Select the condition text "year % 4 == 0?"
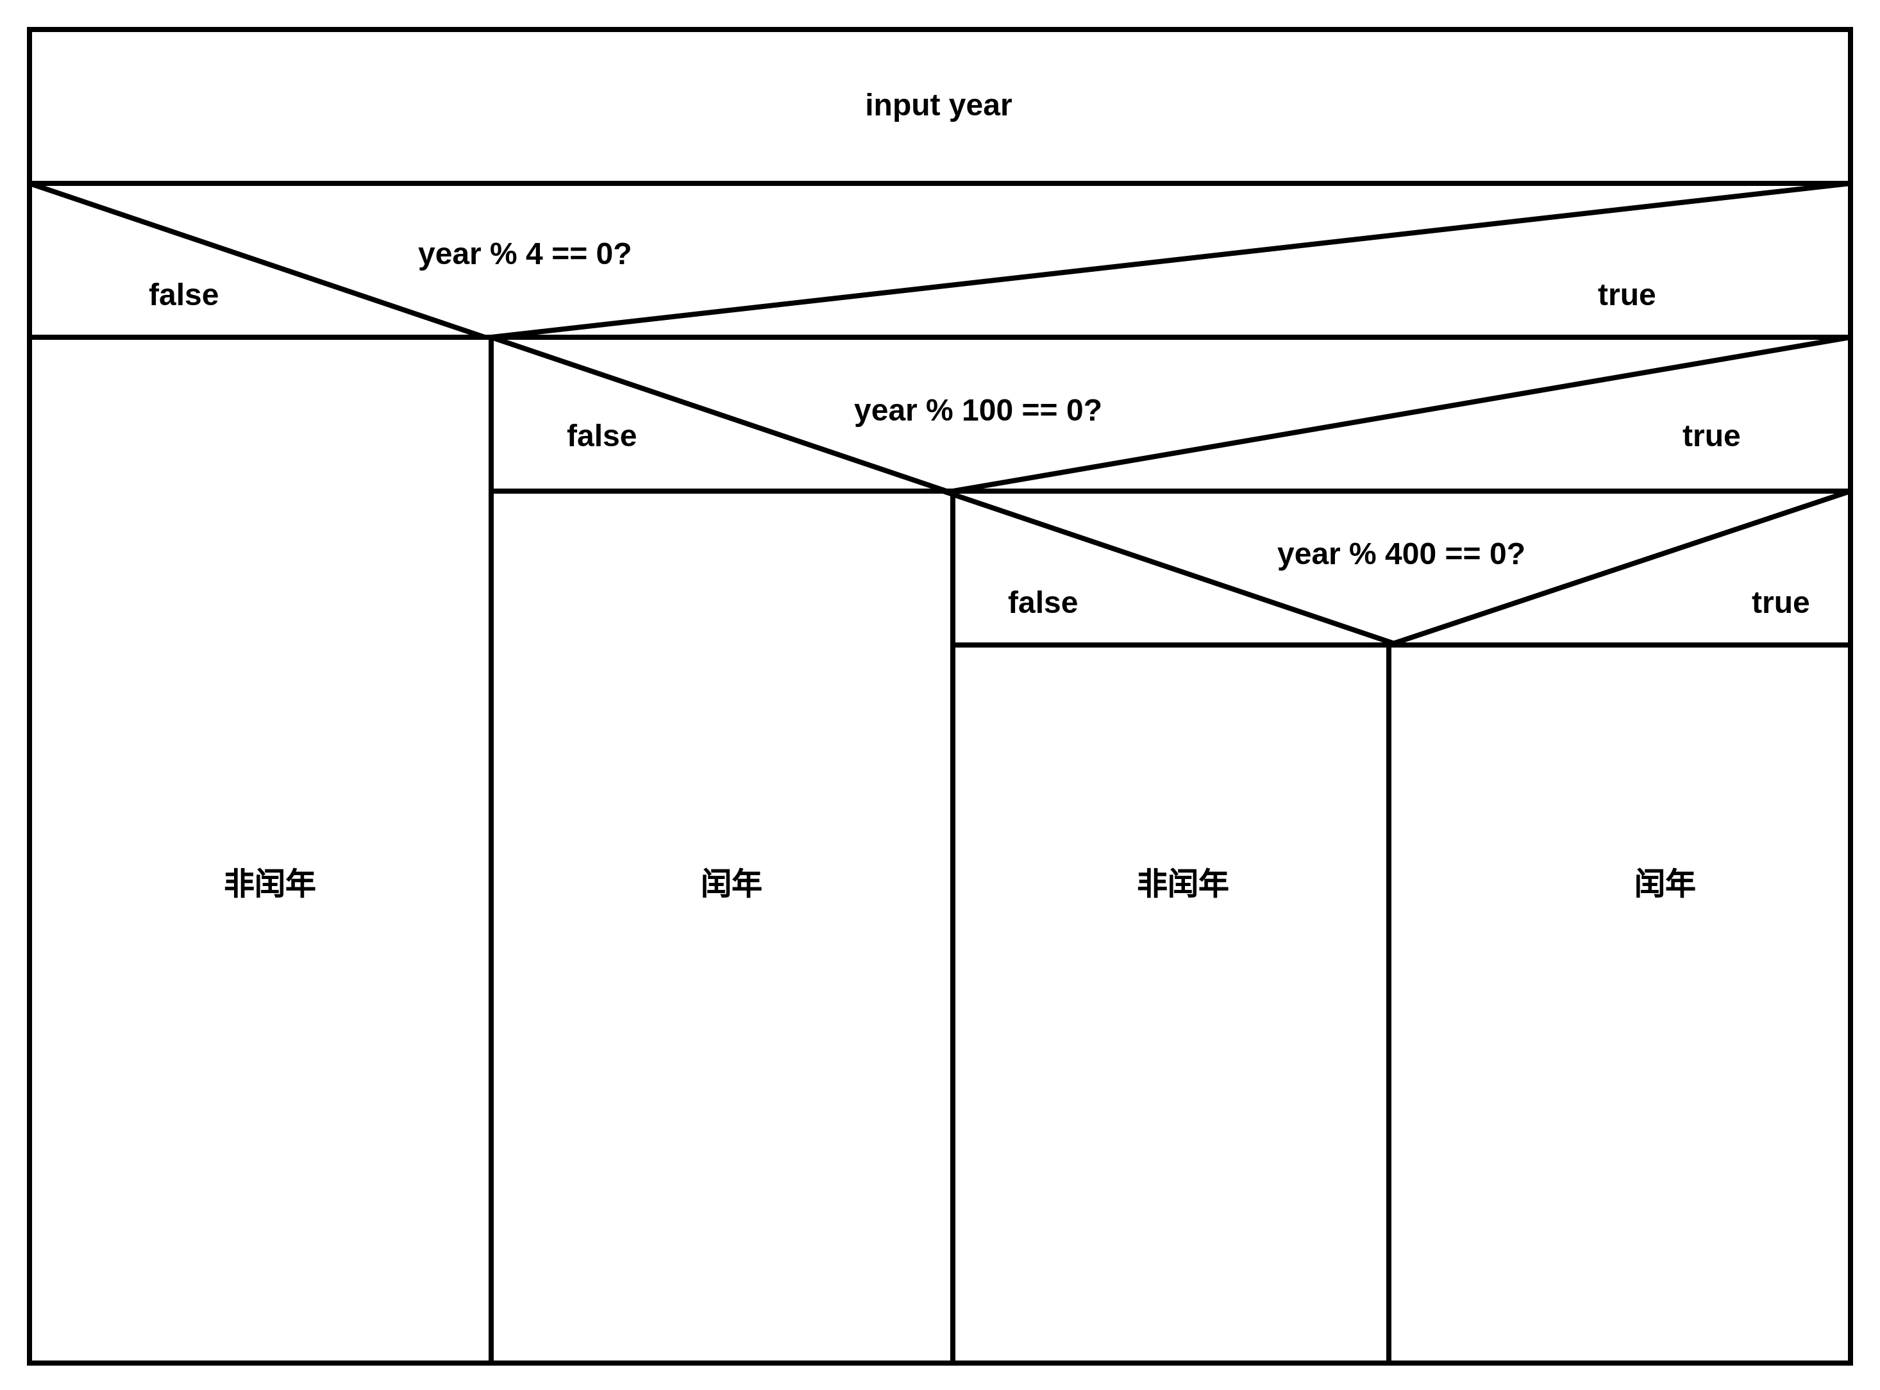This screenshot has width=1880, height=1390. click(x=525, y=254)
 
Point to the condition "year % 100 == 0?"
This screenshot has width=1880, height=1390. click(x=977, y=410)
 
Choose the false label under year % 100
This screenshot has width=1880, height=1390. click(x=601, y=437)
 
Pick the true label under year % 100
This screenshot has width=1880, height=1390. click(x=1711, y=437)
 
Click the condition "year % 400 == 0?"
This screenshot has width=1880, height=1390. click(x=1400, y=555)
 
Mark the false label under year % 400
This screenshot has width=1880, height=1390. click(x=1042, y=603)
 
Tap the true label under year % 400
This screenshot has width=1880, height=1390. click(x=1780, y=603)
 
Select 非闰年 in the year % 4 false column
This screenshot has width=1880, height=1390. click(x=269, y=884)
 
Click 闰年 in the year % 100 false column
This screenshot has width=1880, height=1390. click(x=730, y=884)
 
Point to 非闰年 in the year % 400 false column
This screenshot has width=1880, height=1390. click(x=1182, y=884)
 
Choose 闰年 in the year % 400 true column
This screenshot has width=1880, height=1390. click(x=1664, y=884)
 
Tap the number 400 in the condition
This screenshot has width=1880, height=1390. click(x=1409, y=555)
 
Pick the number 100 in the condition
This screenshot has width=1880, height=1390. click(x=986, y=410)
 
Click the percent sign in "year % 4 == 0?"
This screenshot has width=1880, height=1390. click(x=503, y=254)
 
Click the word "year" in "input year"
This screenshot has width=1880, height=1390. click(x=980, y=106)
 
